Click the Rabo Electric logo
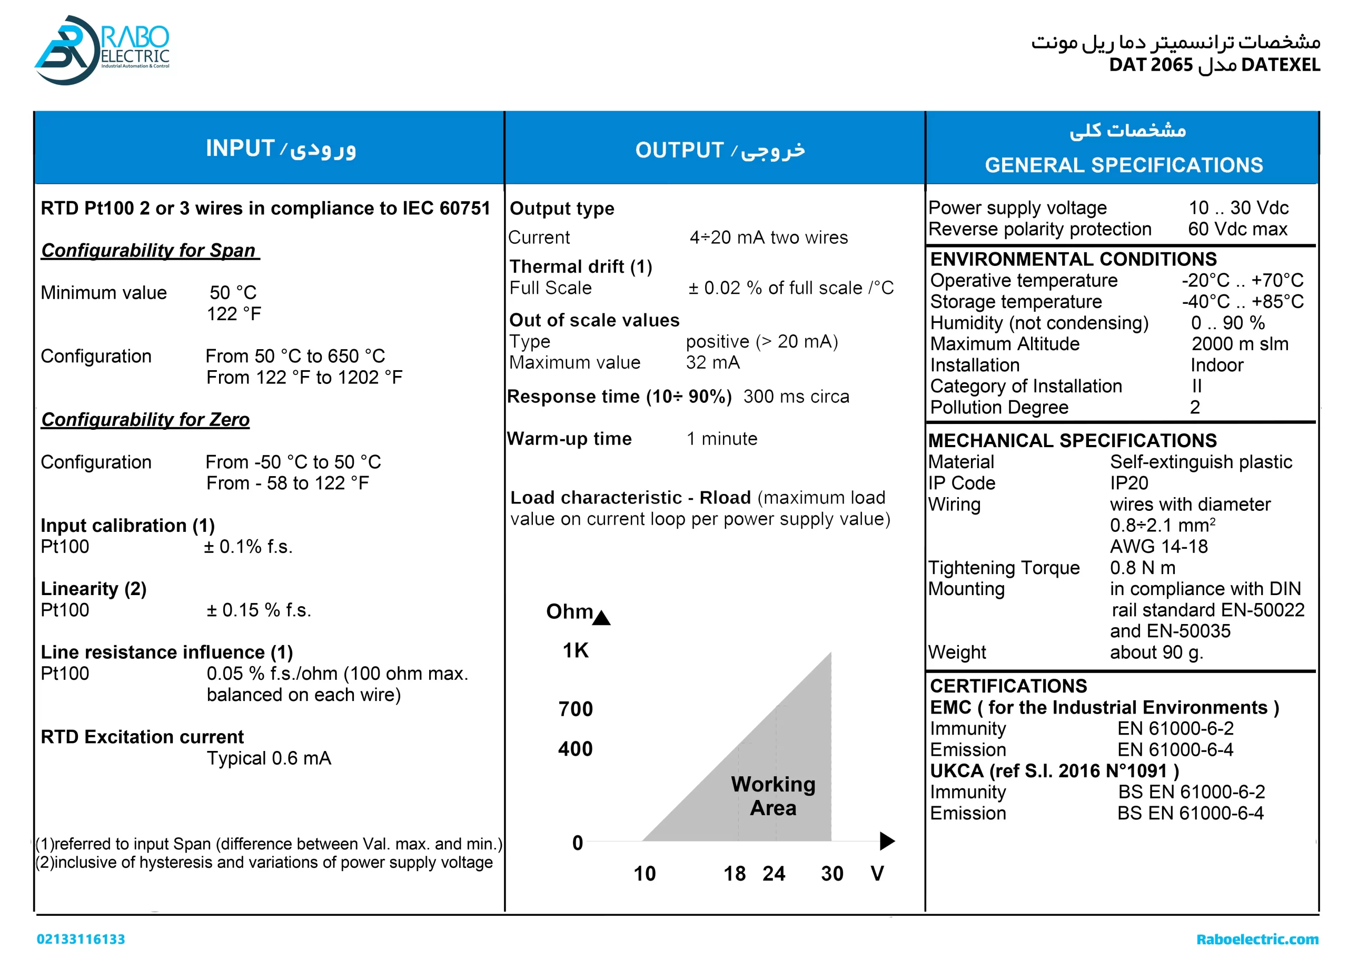102,50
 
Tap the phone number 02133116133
81,939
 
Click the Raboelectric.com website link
1257,939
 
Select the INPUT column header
281,148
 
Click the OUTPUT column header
720,150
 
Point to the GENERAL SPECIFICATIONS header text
1123,165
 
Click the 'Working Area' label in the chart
772,796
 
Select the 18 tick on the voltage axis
734,873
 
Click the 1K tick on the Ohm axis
576,650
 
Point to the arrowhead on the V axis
887,840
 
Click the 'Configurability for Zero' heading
146,420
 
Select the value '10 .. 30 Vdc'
1238,207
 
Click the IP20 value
1128,483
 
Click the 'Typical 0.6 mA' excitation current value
269,758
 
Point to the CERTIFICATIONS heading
1008,686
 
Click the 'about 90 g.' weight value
1156,652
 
